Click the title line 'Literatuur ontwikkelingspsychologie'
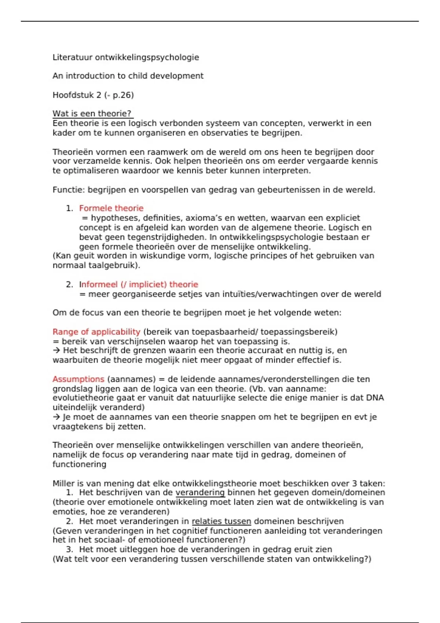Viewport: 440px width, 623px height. (126, 57)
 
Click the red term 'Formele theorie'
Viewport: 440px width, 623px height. (111, 208)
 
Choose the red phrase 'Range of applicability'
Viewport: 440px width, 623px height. (96, 332)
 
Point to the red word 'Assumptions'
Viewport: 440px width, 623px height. (78, 379)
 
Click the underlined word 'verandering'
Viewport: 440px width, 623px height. (200, 493)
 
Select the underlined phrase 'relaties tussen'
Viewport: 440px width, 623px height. (221, 521)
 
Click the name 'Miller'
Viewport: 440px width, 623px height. (63, 483)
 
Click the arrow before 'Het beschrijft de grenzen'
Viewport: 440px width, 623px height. (56, 351)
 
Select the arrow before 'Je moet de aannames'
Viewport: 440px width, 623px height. (56, 417)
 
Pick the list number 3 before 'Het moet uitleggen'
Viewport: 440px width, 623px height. (70, 549)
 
